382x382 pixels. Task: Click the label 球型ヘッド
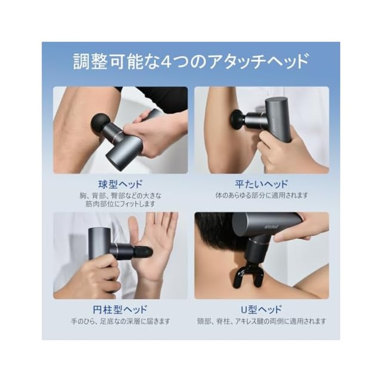pos(120,184)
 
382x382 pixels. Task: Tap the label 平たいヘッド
pos(261,184)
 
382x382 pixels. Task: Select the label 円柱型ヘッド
pos(120,309)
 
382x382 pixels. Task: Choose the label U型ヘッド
pos(261,309)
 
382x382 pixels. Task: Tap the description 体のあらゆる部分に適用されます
pos(261,195)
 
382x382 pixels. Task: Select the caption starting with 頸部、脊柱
pos(261,321)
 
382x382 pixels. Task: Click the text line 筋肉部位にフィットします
pos(120,204)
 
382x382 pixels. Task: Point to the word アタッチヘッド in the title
pos(254,62)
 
